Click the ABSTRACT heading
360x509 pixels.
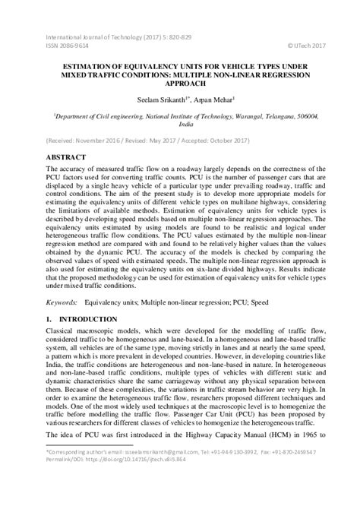pyautogui.click(x=68, y=156)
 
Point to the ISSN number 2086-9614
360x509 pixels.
pyautogui.click(x=68, y=44)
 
